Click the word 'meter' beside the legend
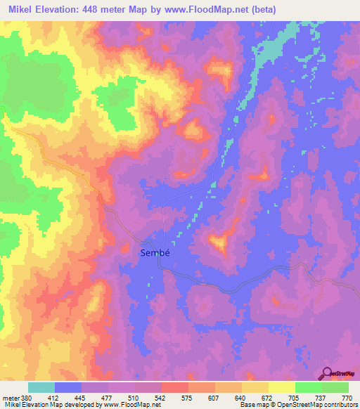point(9,397)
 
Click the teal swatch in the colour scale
point(41,387)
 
